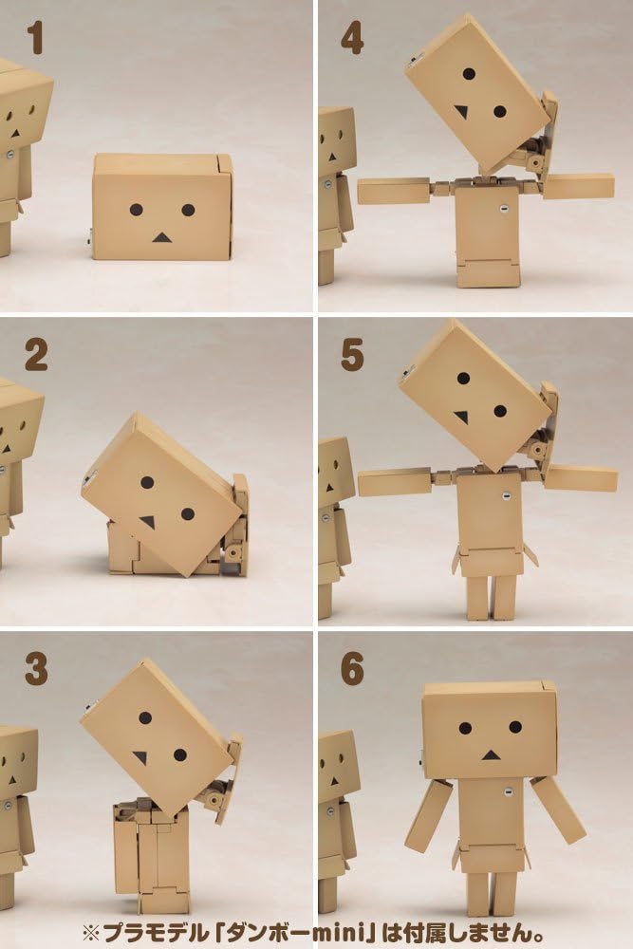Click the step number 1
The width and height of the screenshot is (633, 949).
coord(35,37)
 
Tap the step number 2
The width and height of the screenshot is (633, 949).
coord(36,355)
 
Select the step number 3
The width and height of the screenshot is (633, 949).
coord(36,669)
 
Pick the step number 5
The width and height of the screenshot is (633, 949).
coord(352,355)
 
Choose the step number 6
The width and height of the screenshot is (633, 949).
coord(352,669)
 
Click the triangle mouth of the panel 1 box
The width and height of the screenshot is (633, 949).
coord(161,238)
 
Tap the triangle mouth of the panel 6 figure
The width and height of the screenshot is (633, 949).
coord(491,754)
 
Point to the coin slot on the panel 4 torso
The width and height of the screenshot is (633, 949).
coord(504,209)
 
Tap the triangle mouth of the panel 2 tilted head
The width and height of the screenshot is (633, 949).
coord(148,522)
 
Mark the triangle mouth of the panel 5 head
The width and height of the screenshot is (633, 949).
coord(462,417)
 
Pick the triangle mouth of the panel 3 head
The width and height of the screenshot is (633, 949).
coord(141,757)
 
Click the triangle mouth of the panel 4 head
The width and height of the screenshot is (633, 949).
coord(462,112)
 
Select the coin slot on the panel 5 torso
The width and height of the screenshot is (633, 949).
coord(505,496)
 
